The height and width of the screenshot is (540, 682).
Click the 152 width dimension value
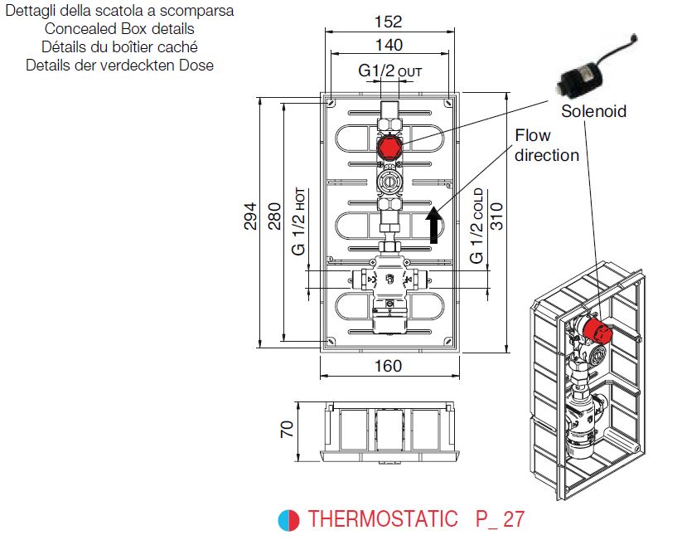(x=389, y=20)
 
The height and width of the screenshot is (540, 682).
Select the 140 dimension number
(x=389, y=45)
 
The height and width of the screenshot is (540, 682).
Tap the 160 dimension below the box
(x=388, y=366)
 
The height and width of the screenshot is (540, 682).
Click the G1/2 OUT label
(x=389, y=71)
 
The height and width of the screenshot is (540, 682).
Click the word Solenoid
(x=593, y=110)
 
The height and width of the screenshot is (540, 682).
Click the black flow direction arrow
(x=433, y=226)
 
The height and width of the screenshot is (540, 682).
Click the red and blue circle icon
(x=288, y=520)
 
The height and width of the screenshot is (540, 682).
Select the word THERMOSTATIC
(x=382, y=520)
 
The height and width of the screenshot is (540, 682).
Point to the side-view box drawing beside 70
(x=389, y=431)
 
